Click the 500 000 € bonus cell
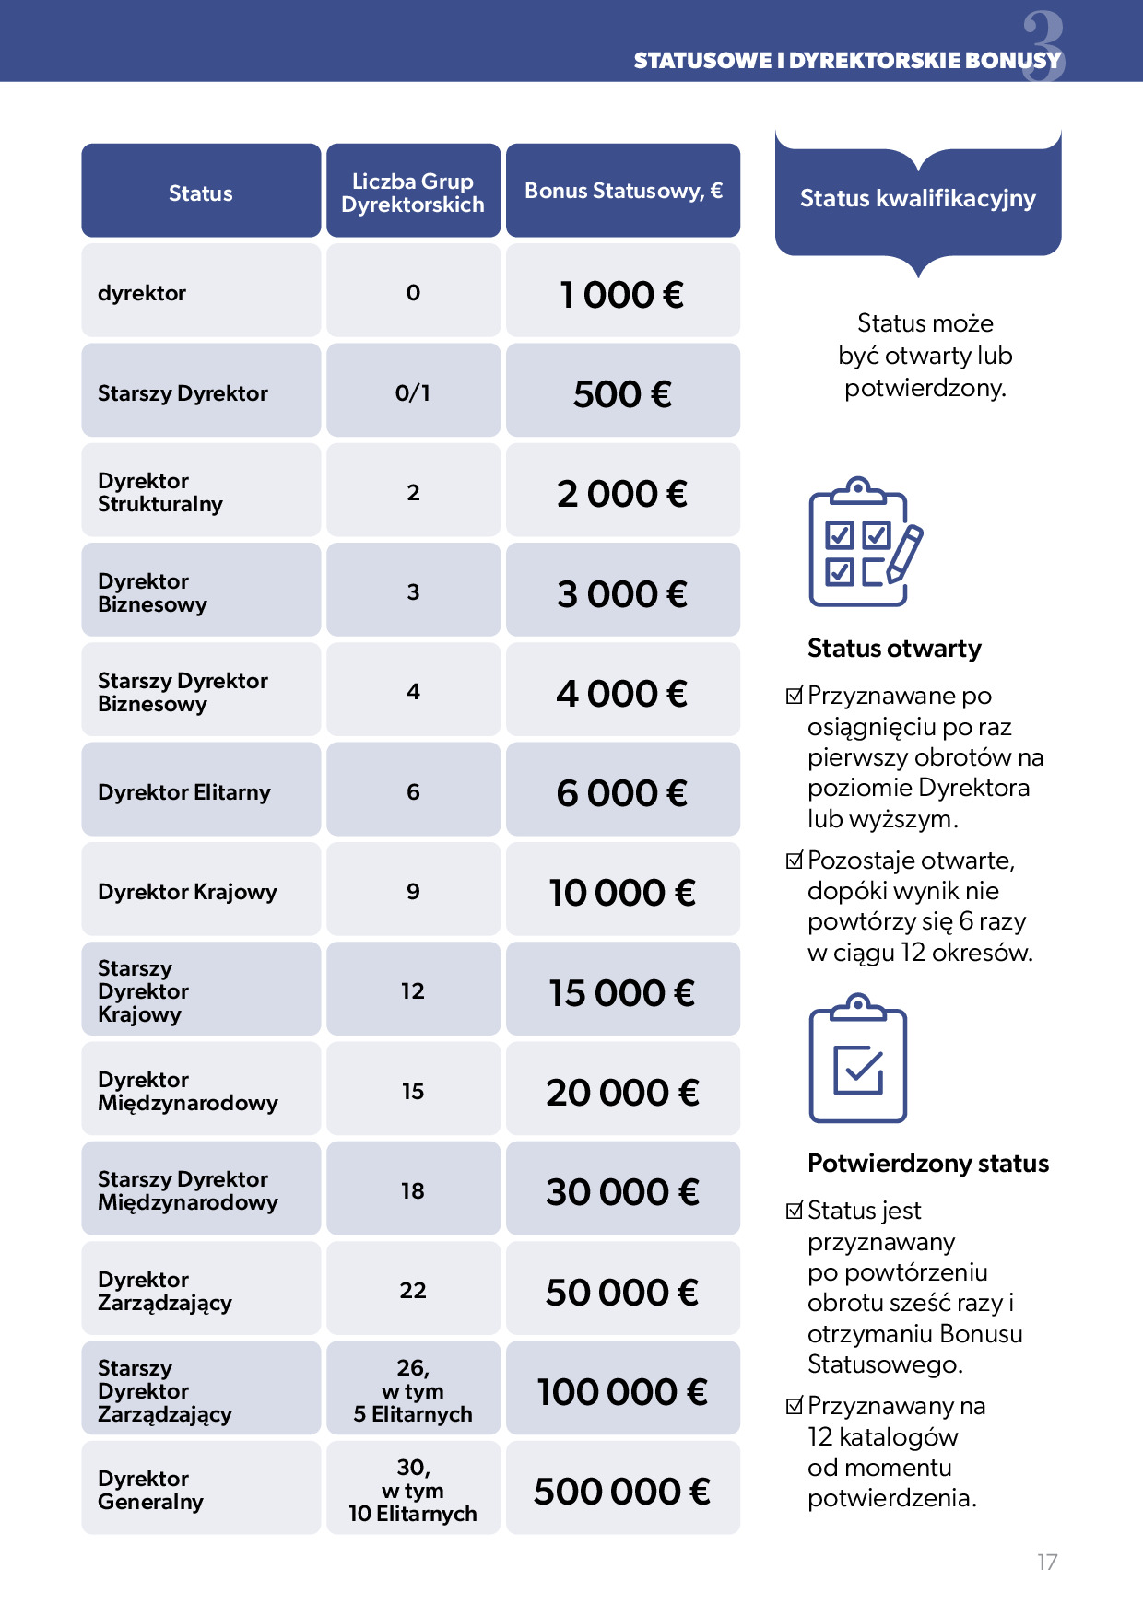622,1491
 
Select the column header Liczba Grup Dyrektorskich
413,193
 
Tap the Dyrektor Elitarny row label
184,792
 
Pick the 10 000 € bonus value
622,892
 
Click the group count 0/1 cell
413,392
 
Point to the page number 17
1047,1562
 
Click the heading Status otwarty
894,649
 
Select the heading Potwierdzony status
928,1164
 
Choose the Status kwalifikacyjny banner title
918,198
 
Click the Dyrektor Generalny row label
150,1490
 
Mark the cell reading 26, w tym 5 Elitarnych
413,1390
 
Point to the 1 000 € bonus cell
622,295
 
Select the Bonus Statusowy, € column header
623,191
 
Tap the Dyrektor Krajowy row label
187,892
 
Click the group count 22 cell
413,1290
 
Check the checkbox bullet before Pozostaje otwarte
795,861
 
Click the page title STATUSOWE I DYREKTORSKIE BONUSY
847,61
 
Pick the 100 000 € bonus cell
622,1391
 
